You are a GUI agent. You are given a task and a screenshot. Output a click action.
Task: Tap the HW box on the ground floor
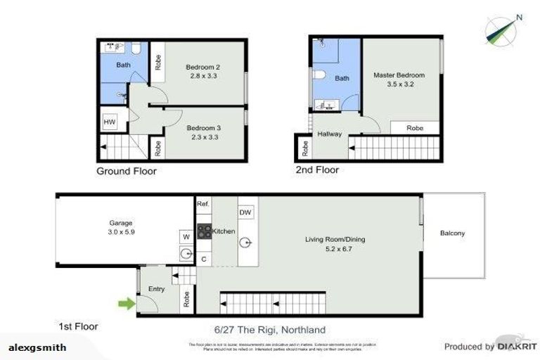pos(109,122)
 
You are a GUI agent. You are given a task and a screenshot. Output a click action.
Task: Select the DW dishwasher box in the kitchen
pos(246,212)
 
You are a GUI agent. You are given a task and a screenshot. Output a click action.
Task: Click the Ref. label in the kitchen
pos(203,204)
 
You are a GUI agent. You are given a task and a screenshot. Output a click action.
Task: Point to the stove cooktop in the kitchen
pos(204,231)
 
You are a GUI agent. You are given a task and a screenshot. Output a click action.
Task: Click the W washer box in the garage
pos(186,237)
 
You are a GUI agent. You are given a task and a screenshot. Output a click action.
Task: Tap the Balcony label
pos(452,233)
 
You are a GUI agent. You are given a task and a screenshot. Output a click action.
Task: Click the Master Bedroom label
pos(399,75)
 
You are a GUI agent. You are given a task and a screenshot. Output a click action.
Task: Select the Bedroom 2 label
pos(201,67)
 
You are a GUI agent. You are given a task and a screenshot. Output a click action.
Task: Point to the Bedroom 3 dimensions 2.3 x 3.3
pos(203,137)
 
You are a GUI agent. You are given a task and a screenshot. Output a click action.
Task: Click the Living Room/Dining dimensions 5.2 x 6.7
pos(334,248)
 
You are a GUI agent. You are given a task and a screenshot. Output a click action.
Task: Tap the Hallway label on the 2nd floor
pos(329,134)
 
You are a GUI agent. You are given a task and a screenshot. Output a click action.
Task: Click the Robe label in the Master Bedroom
pos(415,129)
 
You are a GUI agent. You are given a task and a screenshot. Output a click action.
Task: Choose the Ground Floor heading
pos(127,171)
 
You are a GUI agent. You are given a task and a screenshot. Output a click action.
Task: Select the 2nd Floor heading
pos(317,169)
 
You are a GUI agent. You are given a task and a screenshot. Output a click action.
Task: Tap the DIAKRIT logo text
pos(517,347)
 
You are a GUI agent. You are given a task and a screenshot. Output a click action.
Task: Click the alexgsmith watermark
pos(37,347)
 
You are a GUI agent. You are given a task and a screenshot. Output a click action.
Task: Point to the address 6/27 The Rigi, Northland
pos(270,330)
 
